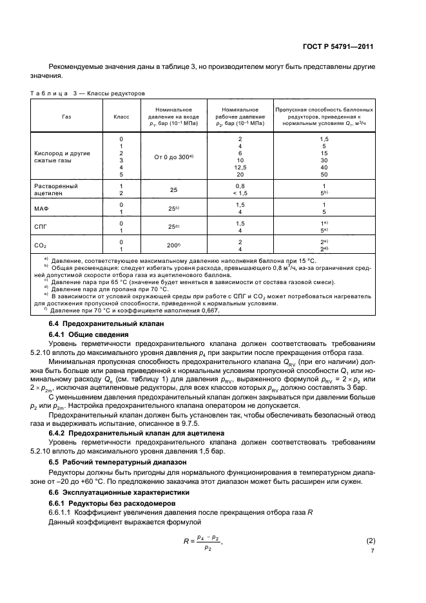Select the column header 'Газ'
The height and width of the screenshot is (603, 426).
tap(66, 117)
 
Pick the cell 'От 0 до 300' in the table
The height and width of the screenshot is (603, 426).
tap(172, 157)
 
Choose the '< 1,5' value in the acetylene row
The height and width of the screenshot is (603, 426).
tap(240, 193)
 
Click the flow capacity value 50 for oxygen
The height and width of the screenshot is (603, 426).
tap(324, 174)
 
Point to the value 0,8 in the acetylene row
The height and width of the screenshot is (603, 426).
tap(240, 185)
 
